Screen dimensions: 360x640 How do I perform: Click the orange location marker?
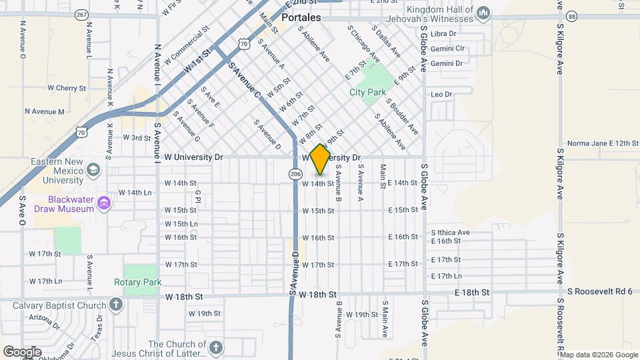[320, 159]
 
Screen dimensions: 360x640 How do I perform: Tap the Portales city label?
[301, 17]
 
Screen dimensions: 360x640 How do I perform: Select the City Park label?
[368, 92]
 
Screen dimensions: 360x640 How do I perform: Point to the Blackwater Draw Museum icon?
[103, 203]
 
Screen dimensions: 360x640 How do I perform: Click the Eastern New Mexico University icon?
[93, 170]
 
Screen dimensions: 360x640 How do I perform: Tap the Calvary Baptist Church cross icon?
[116, 305]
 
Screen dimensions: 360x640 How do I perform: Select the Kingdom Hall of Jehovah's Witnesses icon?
[484, 13]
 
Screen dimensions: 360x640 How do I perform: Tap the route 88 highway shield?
[571, 15]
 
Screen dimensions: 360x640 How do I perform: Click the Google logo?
[22, 352]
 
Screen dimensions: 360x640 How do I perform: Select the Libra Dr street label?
[443, 33]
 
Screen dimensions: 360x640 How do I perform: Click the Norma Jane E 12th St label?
[603, 143]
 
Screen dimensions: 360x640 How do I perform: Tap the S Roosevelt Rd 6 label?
[600, 291]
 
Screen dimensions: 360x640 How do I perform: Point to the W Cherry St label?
[67, 88]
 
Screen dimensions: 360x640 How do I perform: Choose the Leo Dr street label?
[441, 95]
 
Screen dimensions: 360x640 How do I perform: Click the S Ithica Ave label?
[450, 233]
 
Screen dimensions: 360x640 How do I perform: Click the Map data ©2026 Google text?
[603, 354]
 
